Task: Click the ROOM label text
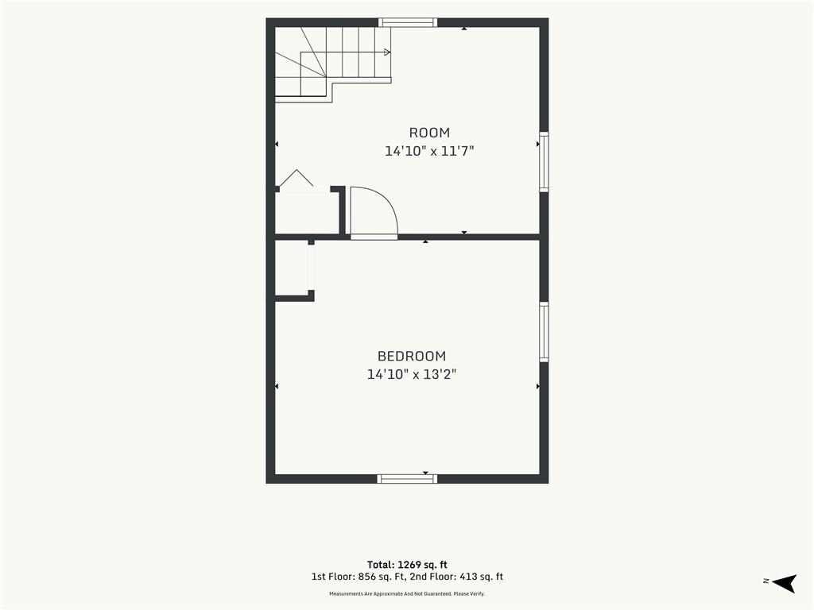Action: pos(429,133)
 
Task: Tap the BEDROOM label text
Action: pos(412,357)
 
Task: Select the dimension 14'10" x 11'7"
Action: pos(429,152)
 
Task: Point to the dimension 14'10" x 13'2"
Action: pos(412,375)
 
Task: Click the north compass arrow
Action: pos(785,583)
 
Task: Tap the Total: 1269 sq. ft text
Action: pos(407,565)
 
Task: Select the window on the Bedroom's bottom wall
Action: pos(407,479)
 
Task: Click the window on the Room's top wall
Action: pos(408,22)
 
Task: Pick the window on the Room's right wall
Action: pos(544,162)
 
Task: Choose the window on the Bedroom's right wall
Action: pos(544,332)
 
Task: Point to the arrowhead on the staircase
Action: pos(387,52)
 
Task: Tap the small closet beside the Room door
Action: pos(307,213)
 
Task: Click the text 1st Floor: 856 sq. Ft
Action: pos(359,577)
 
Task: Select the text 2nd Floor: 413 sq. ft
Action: pos(456,577)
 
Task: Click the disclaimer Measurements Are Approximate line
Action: pos(407,594)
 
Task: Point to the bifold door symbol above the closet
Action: pos(297,178)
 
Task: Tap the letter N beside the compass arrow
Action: pos(766,581)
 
